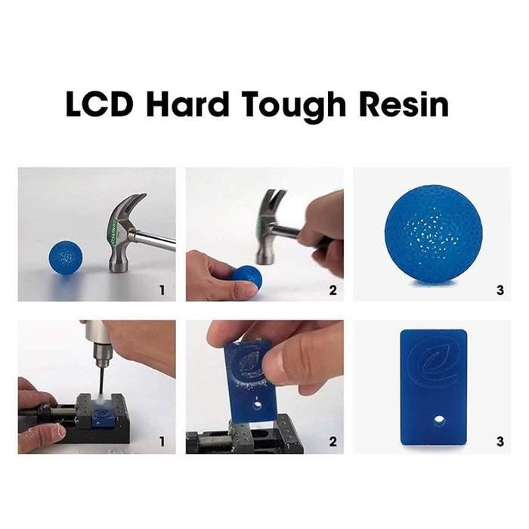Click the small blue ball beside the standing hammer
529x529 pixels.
point(66,258)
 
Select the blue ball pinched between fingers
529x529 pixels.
point(247,277)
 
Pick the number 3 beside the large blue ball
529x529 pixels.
point(500,289)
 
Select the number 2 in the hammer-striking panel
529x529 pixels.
point(333,289)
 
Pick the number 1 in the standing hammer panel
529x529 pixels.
point(164,289)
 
